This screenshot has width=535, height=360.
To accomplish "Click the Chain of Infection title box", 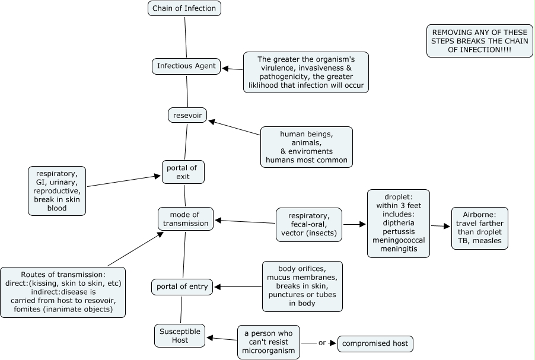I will (184, 8).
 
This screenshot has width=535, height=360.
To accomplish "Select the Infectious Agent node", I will (186, 65).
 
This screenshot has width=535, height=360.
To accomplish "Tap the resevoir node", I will (187, 115).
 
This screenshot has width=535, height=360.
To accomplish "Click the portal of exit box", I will (183, 172).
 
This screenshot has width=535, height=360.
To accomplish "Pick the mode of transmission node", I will (185, 219).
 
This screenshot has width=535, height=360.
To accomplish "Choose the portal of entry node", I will (181, 287).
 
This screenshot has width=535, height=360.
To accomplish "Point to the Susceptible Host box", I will (180, 335).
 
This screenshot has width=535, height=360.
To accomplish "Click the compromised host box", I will (375, 343).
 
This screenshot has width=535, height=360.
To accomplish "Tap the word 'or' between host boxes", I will (322, 343).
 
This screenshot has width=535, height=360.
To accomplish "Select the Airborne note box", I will (479, 228).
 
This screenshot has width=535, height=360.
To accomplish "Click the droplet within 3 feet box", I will (398, 223).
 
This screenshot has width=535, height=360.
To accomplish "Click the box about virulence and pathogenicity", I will (305, 72).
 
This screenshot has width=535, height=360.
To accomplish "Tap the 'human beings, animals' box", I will (307, 146).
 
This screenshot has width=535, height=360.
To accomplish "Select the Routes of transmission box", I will (62, 292).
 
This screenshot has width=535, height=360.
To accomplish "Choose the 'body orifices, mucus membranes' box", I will (302, 286).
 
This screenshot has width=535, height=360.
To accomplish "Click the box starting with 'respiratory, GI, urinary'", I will (57, 190).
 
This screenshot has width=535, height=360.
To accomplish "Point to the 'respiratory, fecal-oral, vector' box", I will (309, 224).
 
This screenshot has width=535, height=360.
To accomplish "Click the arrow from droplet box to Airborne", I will (440, 226).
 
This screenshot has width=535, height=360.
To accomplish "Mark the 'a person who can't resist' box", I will (268, 342).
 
